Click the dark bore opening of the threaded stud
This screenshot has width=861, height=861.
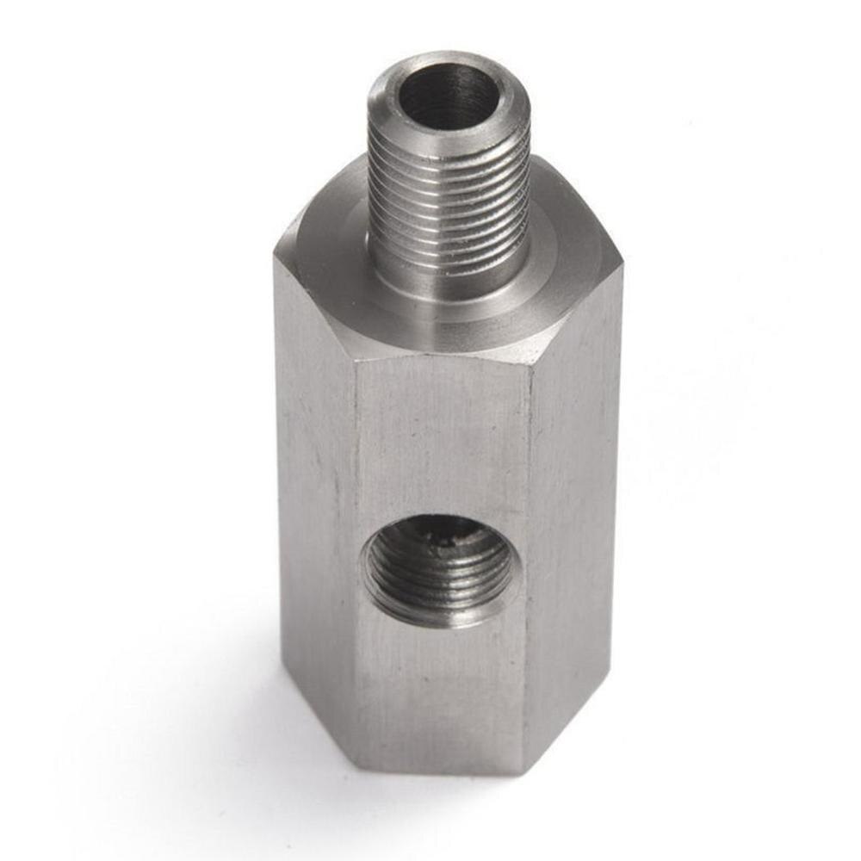(448, 95)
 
